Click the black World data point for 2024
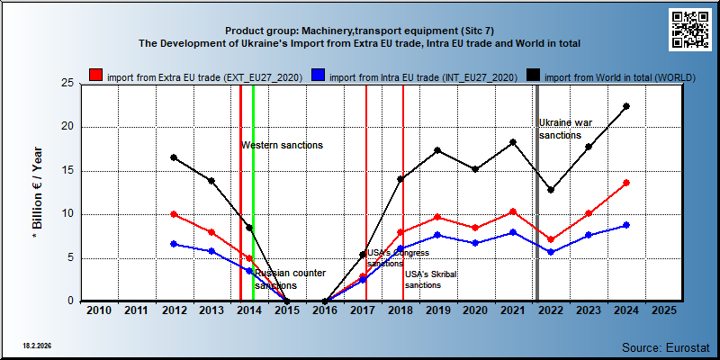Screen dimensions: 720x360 point(626,106)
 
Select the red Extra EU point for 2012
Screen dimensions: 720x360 point(174,214)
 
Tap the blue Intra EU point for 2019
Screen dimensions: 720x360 point(437,235)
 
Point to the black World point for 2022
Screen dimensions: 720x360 point(551,190)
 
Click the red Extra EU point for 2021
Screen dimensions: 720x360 point(513,211)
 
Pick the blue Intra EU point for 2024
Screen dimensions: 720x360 point(626,225)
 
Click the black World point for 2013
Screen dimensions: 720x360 point(211,181)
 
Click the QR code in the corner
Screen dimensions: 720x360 point(689,30)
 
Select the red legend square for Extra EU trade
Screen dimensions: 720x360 point(95,76)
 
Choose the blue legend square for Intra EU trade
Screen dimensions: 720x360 point(319,76)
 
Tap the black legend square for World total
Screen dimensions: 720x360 point(533,76)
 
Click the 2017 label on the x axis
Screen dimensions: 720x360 point(363,310)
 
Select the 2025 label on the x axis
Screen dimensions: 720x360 point(664,310)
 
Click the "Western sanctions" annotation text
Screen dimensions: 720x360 point(283,145)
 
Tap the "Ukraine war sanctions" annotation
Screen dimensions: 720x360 point(565,129)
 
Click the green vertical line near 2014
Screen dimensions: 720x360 point(253,193)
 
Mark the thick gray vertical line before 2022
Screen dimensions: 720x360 point(537,193)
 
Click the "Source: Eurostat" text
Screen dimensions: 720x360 point(666,347)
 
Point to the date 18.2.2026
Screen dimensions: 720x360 point(37,345)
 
